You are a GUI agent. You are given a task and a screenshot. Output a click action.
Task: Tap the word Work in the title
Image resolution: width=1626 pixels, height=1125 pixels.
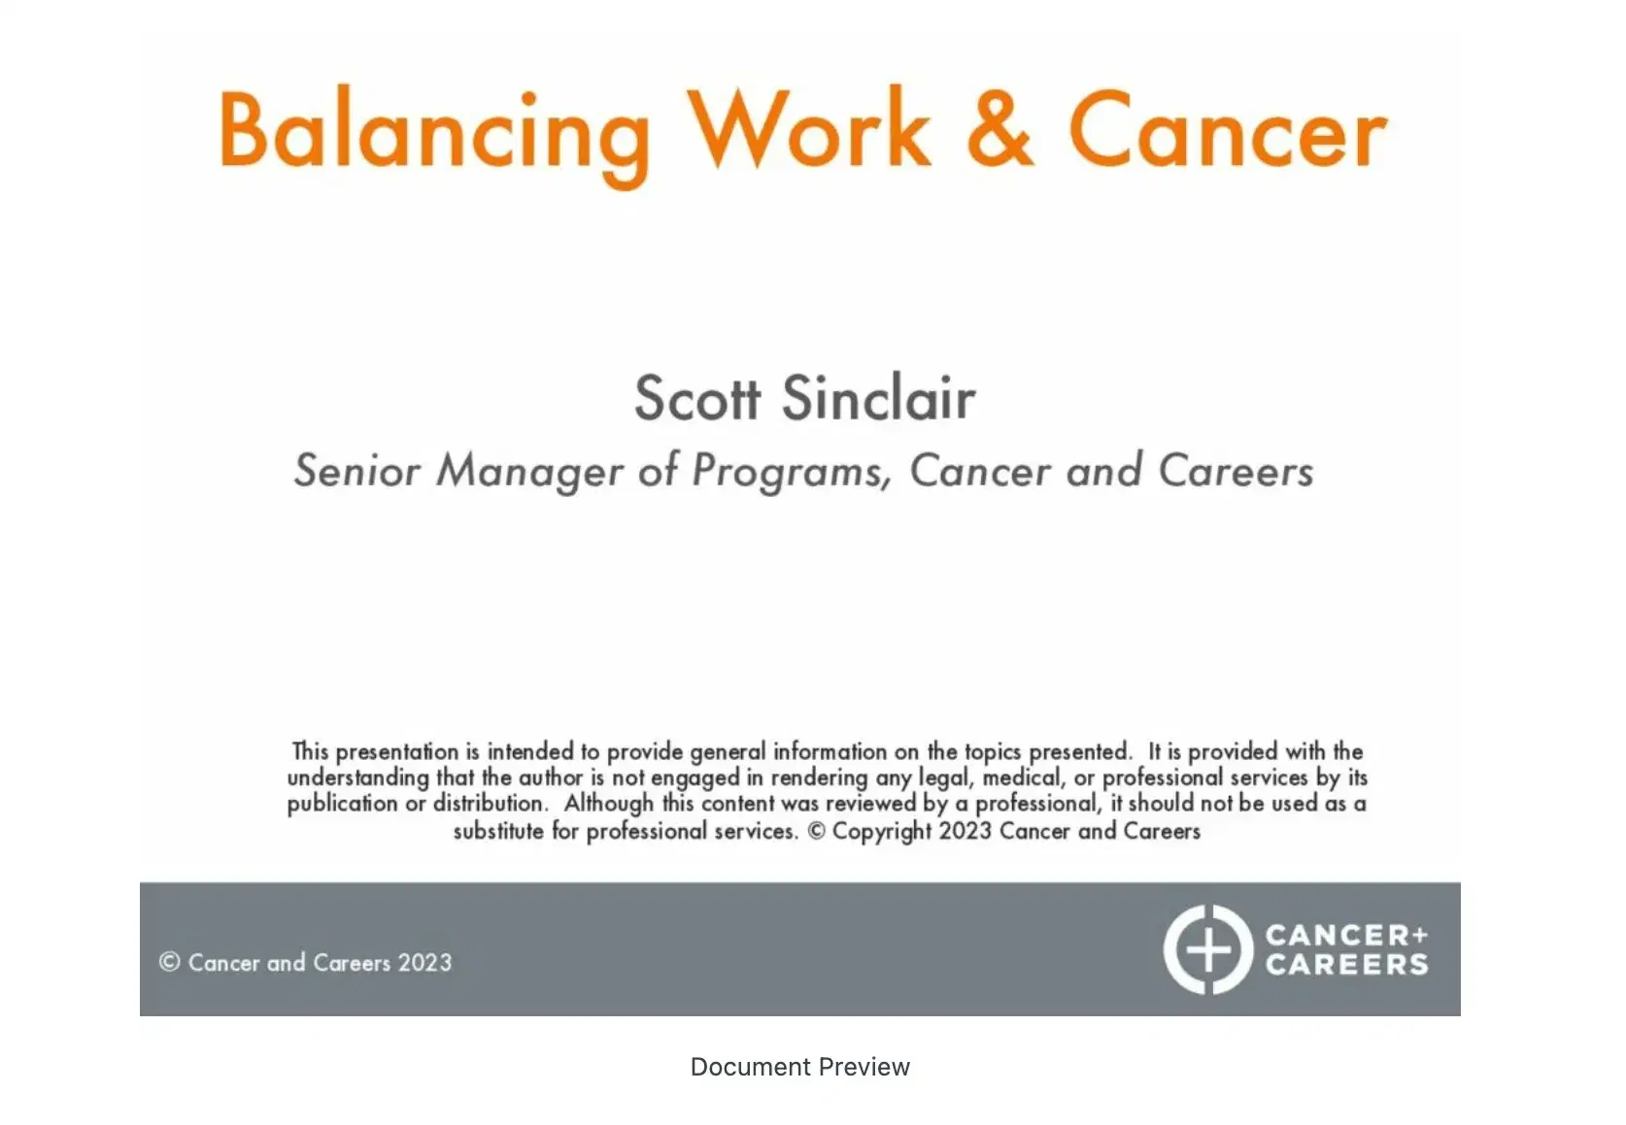[809, 130]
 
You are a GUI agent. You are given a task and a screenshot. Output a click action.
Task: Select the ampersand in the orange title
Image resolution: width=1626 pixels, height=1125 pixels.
[999, 130]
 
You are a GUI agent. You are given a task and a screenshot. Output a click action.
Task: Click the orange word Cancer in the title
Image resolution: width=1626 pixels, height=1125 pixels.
[1228, 132]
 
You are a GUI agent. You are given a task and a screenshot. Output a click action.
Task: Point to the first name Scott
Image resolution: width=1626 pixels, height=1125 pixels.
[696, 398]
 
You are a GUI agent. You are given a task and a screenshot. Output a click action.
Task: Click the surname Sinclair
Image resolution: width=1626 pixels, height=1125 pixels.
[878, 398]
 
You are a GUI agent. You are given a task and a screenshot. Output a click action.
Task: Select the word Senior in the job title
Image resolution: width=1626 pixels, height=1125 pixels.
[356, 471]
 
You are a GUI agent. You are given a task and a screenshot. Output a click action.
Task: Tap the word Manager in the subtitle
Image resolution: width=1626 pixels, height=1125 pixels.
[528, 472]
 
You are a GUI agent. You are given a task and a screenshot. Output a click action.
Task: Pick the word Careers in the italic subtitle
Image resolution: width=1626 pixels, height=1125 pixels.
[1236, 471]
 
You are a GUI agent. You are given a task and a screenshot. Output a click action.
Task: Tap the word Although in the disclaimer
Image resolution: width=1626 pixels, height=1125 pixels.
[608, 805]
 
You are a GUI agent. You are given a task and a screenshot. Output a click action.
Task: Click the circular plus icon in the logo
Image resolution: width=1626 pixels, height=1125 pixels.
[1208, 949]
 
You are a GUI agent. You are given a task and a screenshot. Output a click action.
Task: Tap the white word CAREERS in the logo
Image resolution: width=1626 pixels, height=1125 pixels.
[1346, 965]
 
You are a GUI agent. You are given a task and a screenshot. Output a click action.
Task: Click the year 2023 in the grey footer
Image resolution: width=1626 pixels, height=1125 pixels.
[424, 963]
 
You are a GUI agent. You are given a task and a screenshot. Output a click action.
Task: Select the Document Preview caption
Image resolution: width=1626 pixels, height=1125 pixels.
[799, 1067]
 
